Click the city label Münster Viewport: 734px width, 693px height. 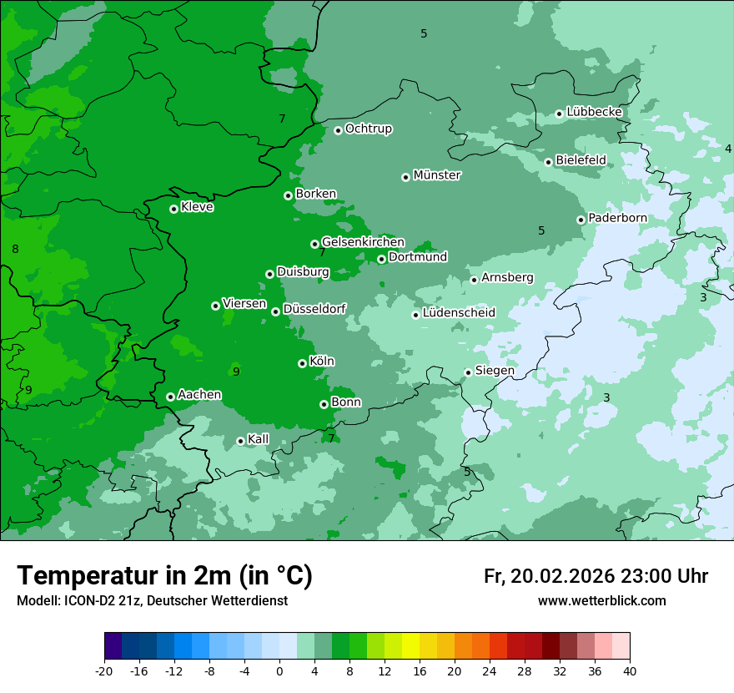point(437,175)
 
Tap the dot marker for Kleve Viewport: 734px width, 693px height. point(173,209)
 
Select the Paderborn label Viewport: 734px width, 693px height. point(617,218)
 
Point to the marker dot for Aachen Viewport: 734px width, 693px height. point(170,397)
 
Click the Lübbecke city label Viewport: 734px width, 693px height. point(594,112)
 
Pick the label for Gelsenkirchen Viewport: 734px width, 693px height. point(363,242)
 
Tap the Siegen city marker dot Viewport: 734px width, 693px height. point(468,372)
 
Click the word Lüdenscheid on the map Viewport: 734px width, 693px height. point(459,313)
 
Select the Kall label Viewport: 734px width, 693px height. point(259,439)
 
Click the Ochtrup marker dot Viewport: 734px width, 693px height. point(338,130)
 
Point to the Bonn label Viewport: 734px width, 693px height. point(346,402)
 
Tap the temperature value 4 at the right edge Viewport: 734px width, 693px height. point(727,149)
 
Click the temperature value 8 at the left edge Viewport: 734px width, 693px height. point(15,249)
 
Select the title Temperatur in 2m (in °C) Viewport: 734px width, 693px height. point(164,575)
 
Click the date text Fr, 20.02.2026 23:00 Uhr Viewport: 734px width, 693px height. point(596,576)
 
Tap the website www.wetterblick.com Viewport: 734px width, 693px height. point(601,600)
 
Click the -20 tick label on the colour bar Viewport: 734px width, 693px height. point(104,670)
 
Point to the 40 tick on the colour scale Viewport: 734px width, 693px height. point(630,670)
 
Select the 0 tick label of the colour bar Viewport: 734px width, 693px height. point(279,670)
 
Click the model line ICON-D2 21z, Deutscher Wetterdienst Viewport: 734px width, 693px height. point(152,600)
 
